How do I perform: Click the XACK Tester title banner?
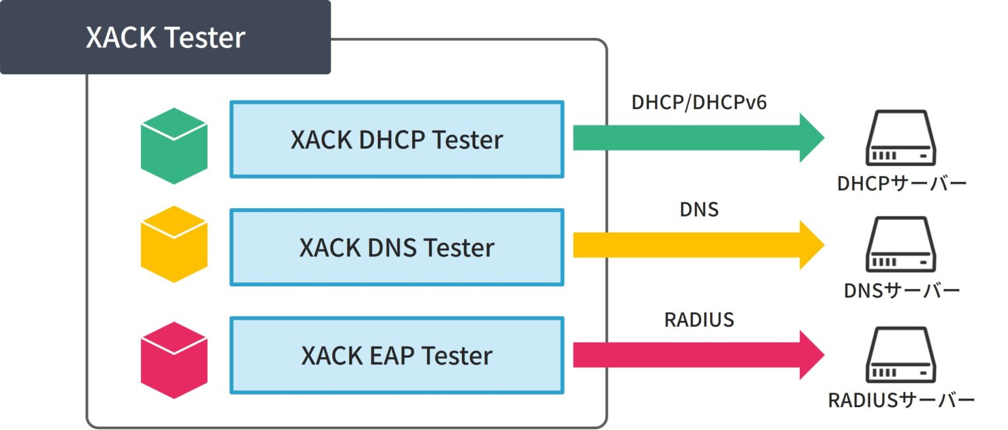[165, 37]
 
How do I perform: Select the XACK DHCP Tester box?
[396, 139]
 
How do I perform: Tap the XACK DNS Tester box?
[396, 247]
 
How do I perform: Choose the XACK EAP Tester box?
[396, 356]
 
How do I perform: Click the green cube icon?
[174, 146]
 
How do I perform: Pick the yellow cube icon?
[174, 244]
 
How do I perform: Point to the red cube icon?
[174, 360]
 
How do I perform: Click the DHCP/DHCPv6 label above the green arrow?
[699, 102]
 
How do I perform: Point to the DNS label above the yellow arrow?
[699, 210]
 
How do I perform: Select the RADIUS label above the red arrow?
[699, 320]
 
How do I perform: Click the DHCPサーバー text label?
[902, 183]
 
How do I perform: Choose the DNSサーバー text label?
[902, 291]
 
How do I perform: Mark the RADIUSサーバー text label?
[902, 400]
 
